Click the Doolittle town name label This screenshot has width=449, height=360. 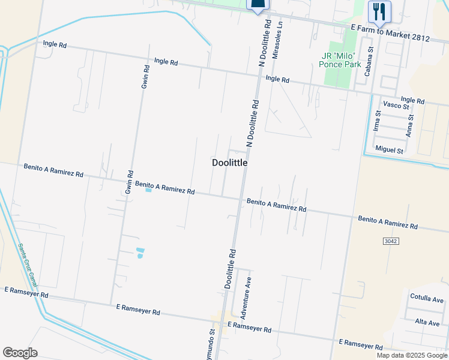pos(229,163)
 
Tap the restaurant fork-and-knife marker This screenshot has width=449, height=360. pos(379,11)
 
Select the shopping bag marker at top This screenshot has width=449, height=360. pos(258,5)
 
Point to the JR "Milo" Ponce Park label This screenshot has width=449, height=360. pos(342,61)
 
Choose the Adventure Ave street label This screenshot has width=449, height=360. pos(244,298)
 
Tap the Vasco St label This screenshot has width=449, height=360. pos(396,106)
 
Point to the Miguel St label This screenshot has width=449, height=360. pos(389,149)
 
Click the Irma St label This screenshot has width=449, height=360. pos(377,121)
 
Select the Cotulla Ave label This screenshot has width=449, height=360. pos(426,299)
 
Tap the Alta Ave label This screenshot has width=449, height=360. pos(427,322)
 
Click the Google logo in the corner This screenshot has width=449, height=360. pos(20,353)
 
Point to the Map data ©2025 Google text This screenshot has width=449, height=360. pos(412,355)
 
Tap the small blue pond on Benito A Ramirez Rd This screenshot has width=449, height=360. pos(148,191)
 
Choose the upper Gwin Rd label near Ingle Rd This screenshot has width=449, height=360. pos(145,77)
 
